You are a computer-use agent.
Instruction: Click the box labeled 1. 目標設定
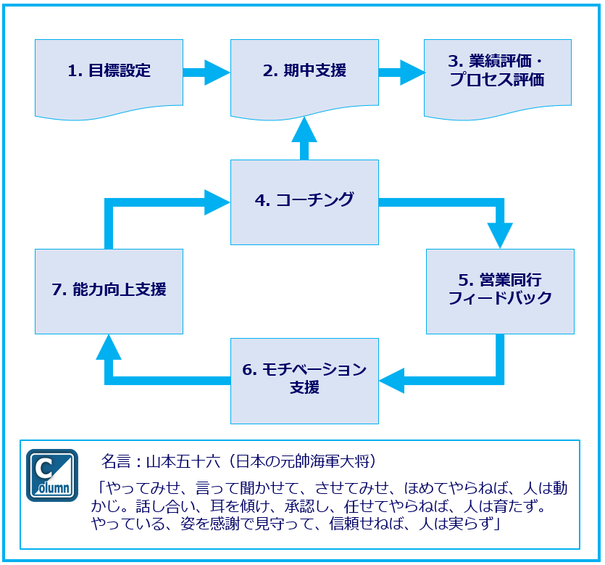click(x=109, y=72)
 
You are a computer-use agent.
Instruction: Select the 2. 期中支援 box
click(x=304, y=72)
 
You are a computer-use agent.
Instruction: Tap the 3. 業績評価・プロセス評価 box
click(x=497, y=72)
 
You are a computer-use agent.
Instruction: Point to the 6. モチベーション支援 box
click(x=304, y=379)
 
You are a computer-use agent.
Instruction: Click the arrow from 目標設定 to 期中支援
click(x=206, y=72)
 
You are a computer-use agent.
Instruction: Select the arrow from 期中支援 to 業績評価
click(x=401, y=72)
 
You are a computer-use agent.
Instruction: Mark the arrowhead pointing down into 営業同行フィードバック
click(x=500, y=234)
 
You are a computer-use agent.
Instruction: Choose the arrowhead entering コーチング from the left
click(x=217, y=201)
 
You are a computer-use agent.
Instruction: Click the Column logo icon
click(x=52, y=475)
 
